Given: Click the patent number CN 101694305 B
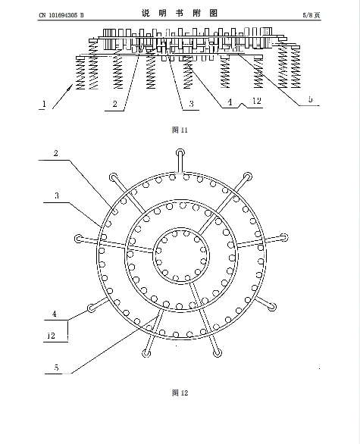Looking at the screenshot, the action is [x=61, y=15].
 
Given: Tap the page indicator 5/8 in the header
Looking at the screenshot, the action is [x=308, y=15].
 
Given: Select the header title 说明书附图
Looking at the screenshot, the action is [x=180, y=13].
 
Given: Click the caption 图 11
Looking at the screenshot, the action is [x=180, y=130].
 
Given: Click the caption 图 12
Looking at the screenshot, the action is [x=180, y=392].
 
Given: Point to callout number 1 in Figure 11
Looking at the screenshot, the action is [x=44, y=104].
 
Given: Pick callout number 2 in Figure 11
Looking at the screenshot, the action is [x=114, y=104].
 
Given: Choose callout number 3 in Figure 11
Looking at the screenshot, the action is [x=191, y=104].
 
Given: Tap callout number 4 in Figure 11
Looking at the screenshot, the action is [x=230, y=102].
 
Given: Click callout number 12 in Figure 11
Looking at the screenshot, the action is [x=257, y=101].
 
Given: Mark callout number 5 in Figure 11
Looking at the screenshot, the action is [x=311, y=99].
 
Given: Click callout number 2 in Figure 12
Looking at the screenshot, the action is [x=56, y=153].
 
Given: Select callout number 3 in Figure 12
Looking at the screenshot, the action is [x=57, y=195].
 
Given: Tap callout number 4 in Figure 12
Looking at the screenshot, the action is [x=54, y=314].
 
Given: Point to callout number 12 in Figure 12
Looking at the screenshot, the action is [x=51, y=336].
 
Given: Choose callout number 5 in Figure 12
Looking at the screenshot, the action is [x=56, y=367].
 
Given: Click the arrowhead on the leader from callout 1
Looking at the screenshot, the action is [x=70, y=88].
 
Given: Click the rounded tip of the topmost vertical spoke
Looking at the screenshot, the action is [x=180, y=153].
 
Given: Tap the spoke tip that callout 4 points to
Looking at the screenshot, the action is [x=91, y=308].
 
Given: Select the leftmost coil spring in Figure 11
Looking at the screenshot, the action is [x=80, y=73].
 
